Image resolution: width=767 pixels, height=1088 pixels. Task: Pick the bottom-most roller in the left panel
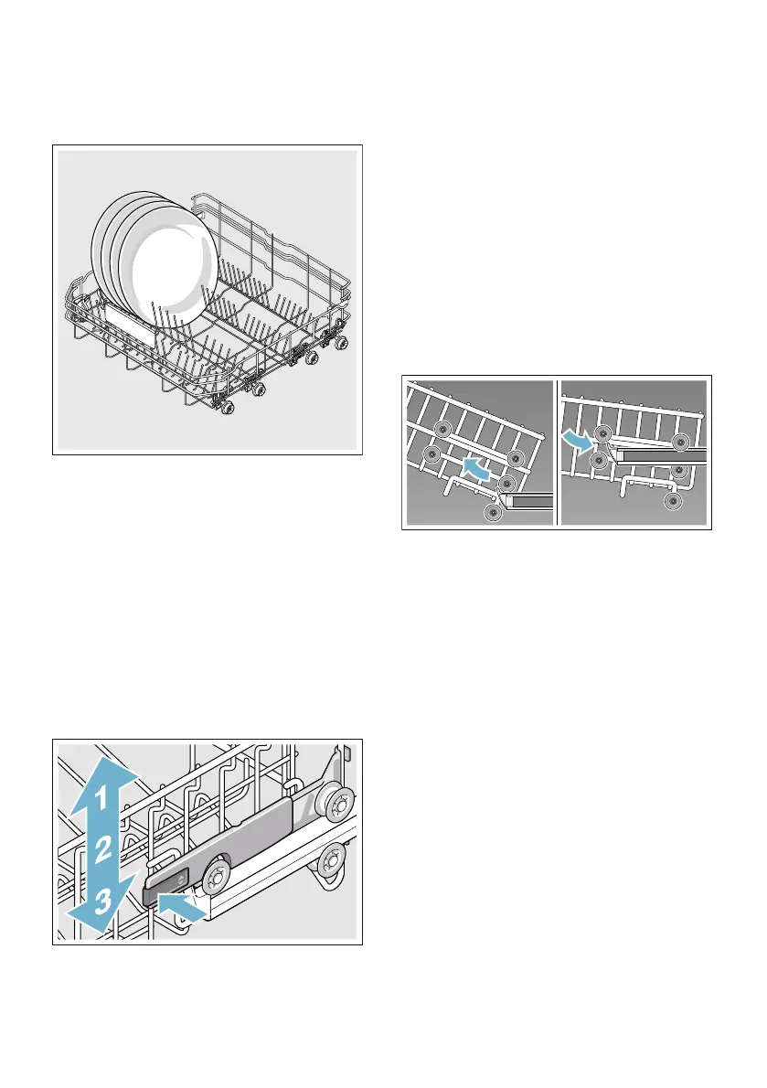click(x=495, y=515)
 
